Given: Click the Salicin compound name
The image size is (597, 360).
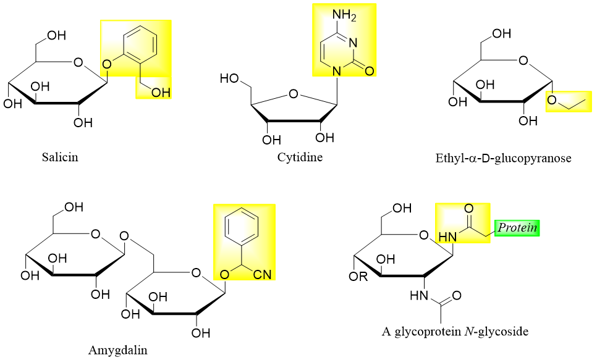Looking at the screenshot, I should pyautogui.click(x=60, y=157).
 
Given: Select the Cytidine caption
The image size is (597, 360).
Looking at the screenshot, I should pyautogui.click(x=300, y=157).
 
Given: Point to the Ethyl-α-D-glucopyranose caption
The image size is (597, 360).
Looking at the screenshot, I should pyautogui.click(x=503, y=158).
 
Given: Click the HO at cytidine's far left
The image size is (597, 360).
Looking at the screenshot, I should pyautogui.click(x=230, y=79).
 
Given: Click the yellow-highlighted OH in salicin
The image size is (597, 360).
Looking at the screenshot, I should pyautogui.click(x=159, y=93).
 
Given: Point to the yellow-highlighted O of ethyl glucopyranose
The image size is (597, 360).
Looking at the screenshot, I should pyautogui.click(x=553, y=101).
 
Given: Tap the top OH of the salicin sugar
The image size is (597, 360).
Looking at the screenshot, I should pyautogui.click(x=56, y=35).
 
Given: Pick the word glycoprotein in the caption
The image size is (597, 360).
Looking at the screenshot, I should pyautogui.click(x=426, y=332).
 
